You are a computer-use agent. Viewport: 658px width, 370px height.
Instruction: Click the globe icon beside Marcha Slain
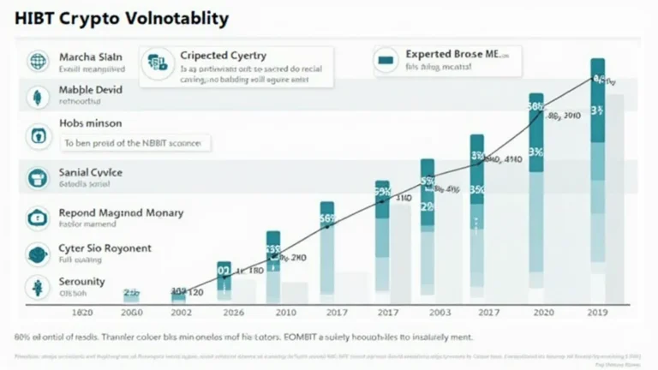click(37, 61)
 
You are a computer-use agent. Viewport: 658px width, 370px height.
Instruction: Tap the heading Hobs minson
click(90, 123)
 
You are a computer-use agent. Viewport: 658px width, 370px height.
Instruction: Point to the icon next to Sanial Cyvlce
click(37, 177)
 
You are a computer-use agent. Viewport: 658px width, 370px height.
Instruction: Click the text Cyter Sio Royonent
click(105, 248)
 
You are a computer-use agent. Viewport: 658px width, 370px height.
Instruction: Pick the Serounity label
click(81, 281)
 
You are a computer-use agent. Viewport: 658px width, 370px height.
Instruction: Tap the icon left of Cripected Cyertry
click(157, 62)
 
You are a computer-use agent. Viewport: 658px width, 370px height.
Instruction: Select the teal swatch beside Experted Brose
click(386, 61)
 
